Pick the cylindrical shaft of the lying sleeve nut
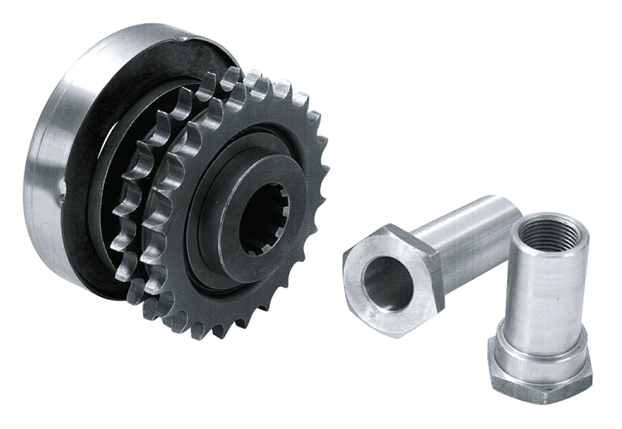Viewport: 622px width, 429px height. (466, 228)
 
